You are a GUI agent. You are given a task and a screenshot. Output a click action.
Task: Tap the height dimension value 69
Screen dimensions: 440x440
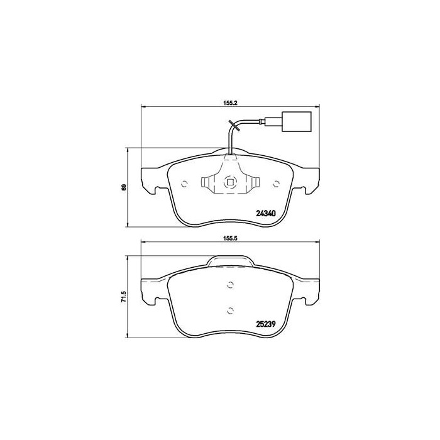[x=124, y=187]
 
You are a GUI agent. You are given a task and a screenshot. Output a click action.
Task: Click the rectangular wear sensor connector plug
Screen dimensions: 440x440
[x=290, y=121]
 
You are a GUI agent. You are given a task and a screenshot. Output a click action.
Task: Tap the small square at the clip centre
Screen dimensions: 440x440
[x=230, y=184]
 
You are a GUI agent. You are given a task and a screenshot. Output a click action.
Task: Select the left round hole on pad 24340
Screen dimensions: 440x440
[x=184, y=184]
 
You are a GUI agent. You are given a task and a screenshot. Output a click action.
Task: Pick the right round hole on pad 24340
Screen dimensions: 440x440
[x=277, y=184]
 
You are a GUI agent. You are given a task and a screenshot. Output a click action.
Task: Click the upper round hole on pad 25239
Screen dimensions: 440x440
[x=230, y=286]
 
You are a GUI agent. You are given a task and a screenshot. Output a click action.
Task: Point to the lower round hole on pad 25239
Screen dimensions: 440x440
[x=230, y=310]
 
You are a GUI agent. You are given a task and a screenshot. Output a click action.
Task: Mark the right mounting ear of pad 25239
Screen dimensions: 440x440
[x=310, y=290]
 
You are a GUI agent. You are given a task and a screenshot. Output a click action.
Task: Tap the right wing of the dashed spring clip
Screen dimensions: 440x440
[x=253, y=184]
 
